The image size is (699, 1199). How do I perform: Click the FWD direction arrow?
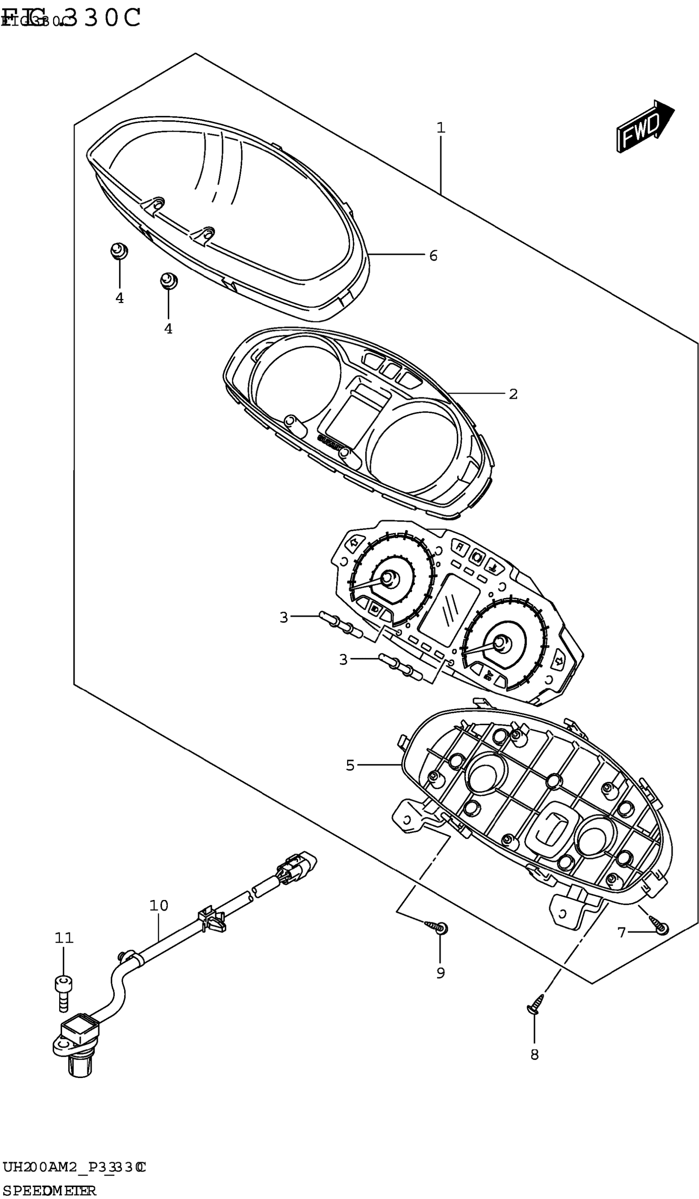(x=644, y=126)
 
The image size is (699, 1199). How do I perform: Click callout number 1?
(x=441, y=128)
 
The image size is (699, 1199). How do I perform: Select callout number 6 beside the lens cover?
(x=433, y=256)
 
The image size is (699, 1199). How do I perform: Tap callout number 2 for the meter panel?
(x=513, y=394)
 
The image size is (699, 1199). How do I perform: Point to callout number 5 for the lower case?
(x=350, y=765)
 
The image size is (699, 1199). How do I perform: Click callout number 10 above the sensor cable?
(x=159, y=905)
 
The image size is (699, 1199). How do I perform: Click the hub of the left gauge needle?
(x=390, y=578)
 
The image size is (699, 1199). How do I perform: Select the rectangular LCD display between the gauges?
(x=450, y=610)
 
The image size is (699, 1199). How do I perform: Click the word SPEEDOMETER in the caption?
(x=49, y=1190)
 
